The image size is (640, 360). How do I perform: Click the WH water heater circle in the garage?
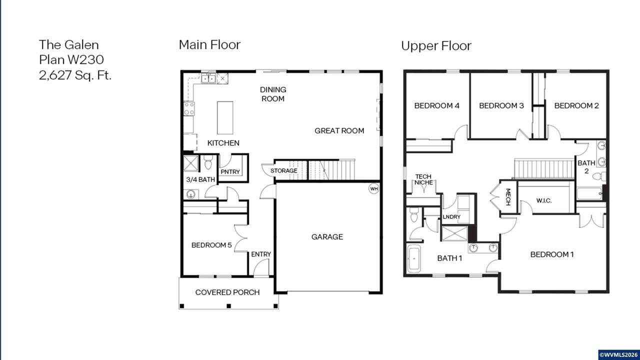373,188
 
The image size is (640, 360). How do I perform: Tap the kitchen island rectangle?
225,117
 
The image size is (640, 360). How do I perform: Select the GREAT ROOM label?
339,131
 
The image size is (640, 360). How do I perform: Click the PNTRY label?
230,171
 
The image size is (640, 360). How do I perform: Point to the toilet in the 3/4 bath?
208,162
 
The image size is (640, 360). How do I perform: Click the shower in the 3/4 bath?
190,163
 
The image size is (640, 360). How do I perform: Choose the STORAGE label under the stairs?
283,170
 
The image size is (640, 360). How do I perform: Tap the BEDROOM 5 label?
211,245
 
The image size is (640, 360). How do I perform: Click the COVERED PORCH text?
227,292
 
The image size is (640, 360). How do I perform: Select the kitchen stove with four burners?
189,109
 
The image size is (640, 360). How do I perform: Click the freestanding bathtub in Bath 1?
413,258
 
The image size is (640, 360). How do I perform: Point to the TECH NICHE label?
423,179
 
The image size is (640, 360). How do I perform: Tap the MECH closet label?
508,197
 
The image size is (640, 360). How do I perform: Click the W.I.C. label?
543,200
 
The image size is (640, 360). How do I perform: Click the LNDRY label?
451,217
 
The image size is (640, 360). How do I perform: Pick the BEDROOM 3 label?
501,105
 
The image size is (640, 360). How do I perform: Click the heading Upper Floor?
436,45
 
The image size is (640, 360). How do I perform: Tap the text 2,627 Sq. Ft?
75,75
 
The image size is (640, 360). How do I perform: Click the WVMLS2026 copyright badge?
619,354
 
